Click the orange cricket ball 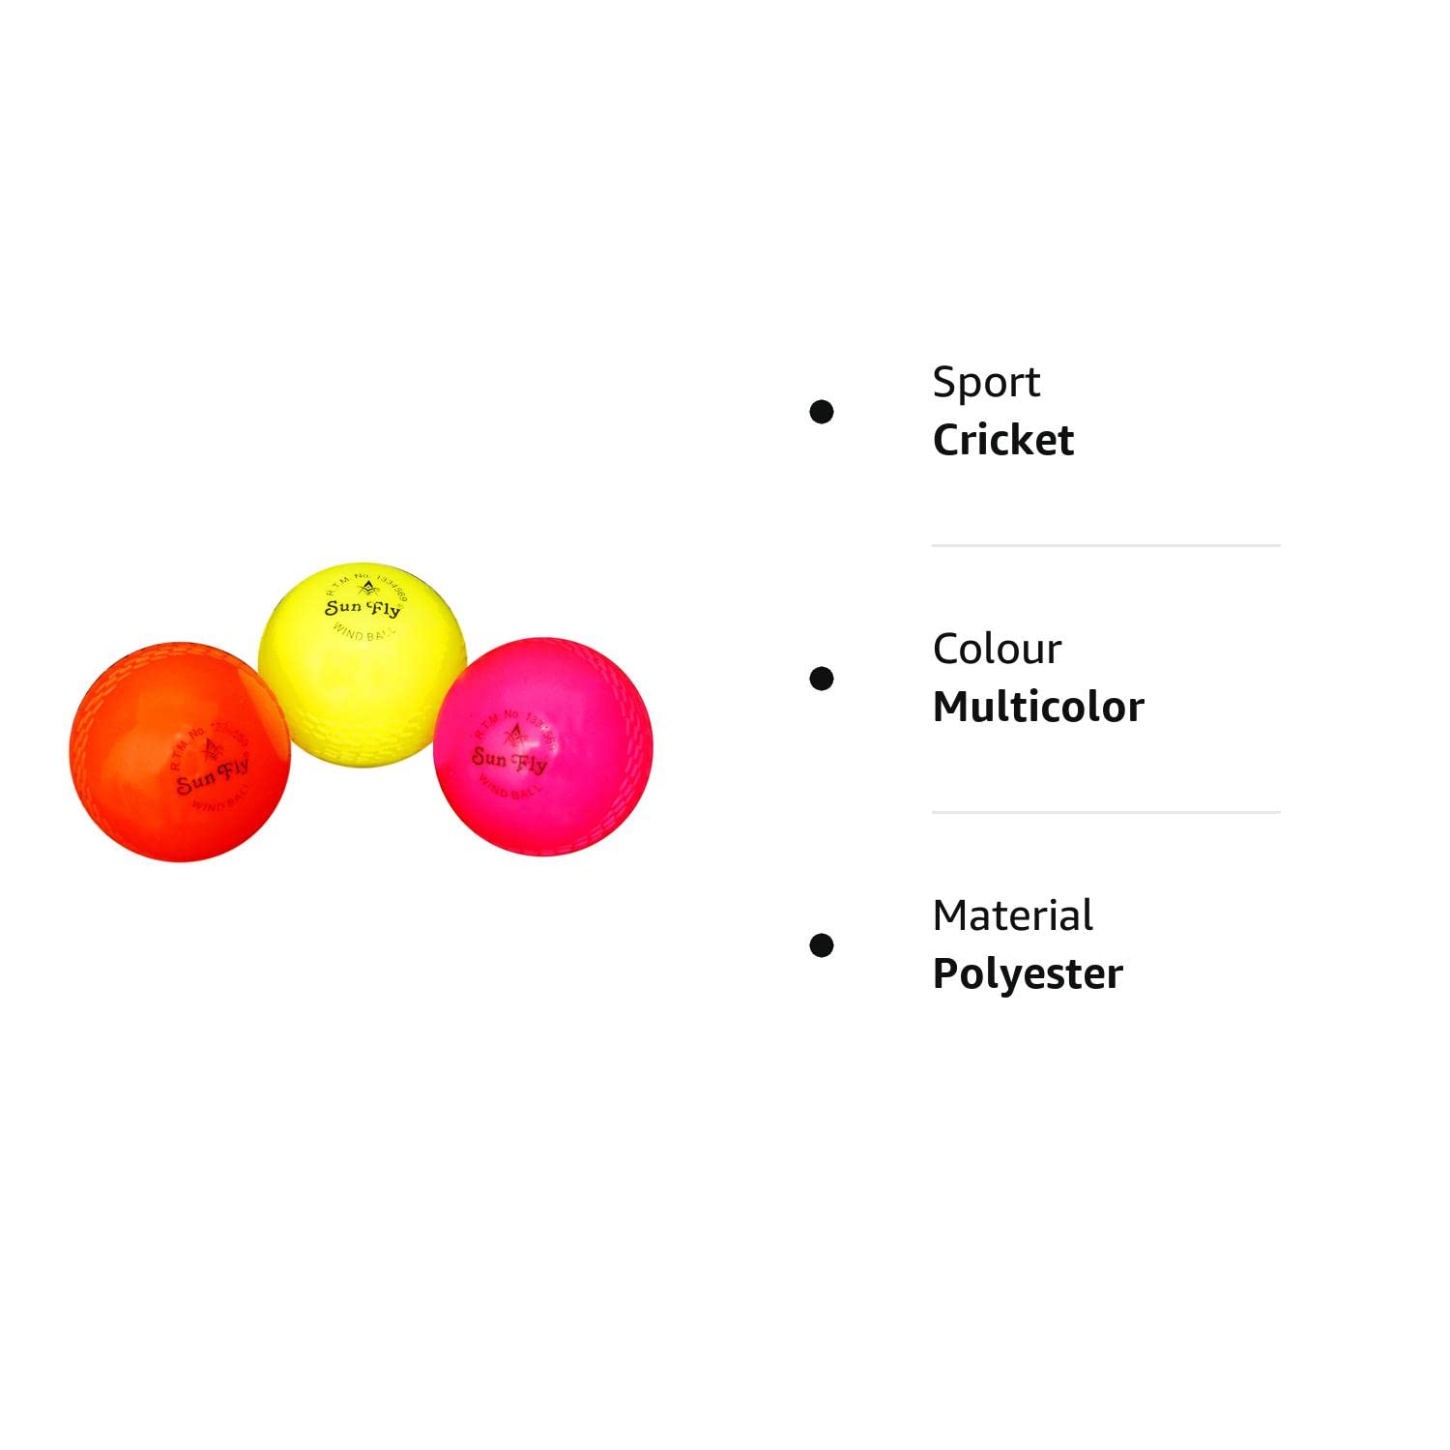179,752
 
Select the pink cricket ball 543,746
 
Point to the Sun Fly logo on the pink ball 509,761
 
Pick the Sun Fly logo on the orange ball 213,776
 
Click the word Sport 986,382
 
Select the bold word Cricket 1002,441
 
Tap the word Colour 997,649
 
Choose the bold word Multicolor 1038,708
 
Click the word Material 1012,915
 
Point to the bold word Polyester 1028,974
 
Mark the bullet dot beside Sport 822,412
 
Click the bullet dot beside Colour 822,679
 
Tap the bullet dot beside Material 822,945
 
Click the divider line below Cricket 1106,545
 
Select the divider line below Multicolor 1106,812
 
